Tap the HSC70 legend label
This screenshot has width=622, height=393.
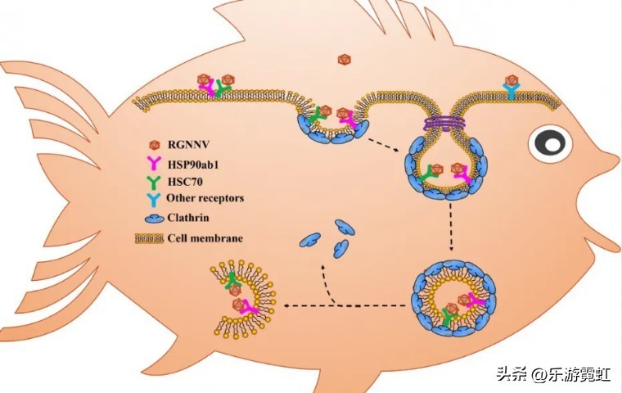pos(186,182)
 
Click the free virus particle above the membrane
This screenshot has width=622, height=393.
pos(344,60)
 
